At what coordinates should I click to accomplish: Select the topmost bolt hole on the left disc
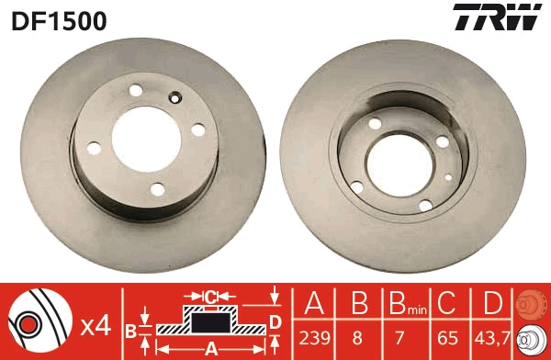(136, 90)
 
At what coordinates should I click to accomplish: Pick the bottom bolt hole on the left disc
(157, 188)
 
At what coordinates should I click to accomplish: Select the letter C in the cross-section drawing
(210, 297)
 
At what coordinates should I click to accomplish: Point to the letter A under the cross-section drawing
(210, 348)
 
